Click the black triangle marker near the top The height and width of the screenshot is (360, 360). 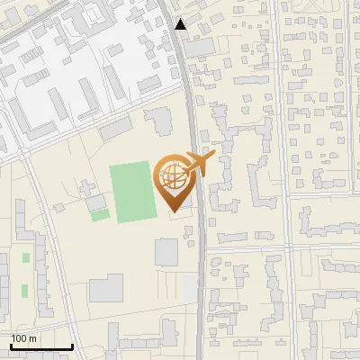(181, 24)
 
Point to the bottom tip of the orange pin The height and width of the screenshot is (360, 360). (175, 212)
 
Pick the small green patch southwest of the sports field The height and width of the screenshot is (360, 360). (100, 214)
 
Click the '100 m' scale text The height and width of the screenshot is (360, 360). (24, 338)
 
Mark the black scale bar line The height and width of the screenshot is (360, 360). (41, 347)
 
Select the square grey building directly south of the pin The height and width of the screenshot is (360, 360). (166, 252)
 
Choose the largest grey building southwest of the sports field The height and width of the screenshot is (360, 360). (106, 289)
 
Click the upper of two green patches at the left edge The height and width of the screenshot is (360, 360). (25, 258)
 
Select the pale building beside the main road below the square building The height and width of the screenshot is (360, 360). (186, 289)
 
